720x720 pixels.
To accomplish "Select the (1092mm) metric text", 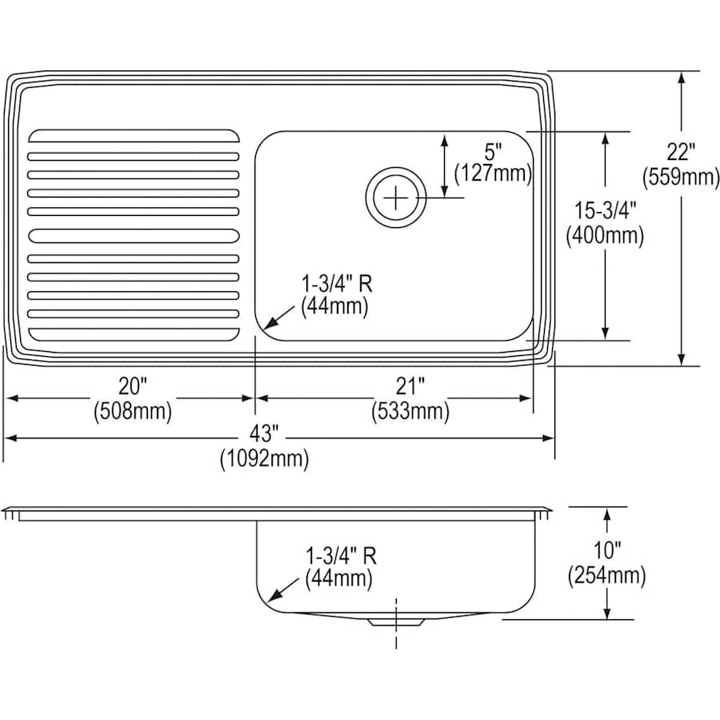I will (263, 459).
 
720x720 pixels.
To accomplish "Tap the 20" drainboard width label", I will (133, 386).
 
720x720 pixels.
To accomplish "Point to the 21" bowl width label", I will (409, 386).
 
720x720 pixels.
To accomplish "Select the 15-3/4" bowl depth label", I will (604, 210).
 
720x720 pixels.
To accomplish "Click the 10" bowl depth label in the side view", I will (606, 550).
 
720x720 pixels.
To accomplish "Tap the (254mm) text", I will (606, 574).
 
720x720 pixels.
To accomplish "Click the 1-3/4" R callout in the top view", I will (337, 282).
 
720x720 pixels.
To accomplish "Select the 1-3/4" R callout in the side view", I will (341, 554).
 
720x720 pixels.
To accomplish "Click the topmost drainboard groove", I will (134, 135).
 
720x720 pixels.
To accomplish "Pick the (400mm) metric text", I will (604, 235).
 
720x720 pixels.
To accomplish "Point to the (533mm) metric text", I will (409, 412).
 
